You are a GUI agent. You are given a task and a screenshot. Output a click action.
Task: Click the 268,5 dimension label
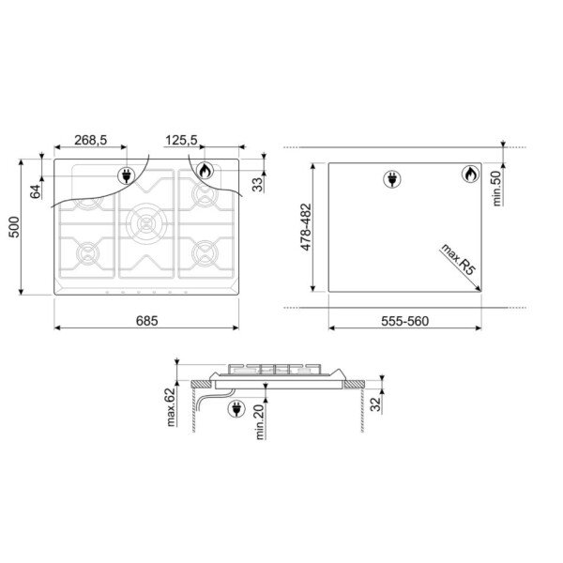[x=90, y=140]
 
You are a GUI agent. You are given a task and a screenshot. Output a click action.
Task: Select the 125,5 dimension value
[x=181, y=140]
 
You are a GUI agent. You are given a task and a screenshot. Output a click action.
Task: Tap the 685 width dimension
[x=147, y=321]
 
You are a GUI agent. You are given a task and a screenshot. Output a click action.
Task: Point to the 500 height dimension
[x=14, y=227]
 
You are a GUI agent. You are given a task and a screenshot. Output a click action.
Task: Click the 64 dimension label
[x=36, y=191]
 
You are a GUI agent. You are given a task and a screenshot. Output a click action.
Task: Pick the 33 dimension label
[x=257, y=185]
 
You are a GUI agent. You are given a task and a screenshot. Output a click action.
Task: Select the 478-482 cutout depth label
[x=306, y=227]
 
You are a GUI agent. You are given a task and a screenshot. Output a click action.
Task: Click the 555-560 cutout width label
[x=405, y=321]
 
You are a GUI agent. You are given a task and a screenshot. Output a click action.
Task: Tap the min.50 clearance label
[x=496, y=189]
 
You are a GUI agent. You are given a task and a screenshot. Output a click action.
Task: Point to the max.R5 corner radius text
[x=458, y=260]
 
